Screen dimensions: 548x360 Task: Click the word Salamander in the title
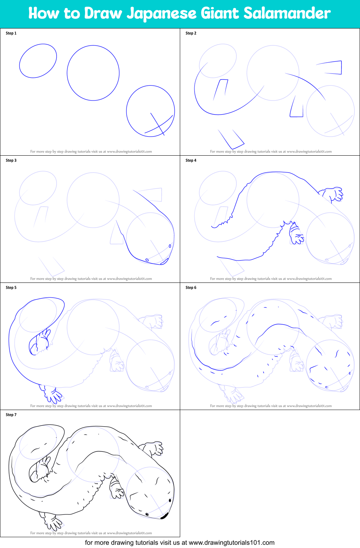[x=287, y=13]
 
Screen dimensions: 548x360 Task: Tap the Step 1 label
[x=11, y=33]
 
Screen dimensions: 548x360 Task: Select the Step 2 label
[x=191, y=33]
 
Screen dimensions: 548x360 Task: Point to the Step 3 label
[x=11, y=160]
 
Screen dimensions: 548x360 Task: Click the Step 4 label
[x=191, y=160]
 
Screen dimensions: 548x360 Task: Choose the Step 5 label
[x=11, y=288]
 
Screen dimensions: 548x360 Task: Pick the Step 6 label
[x=191, y=288]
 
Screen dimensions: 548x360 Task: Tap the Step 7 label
[x=11, y=415]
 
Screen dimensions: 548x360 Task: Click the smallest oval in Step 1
[x=38, y=61]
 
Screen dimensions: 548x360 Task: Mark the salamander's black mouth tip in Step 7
[x=164, y=516]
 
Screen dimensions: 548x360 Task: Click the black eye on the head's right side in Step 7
[x=170, y=500]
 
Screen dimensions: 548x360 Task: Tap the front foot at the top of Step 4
[x=333, y=194]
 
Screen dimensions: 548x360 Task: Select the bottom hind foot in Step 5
[x=52, y=394]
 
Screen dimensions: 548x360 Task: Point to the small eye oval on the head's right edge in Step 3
[x=170, y=246]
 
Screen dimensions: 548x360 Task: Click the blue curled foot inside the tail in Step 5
[x=40, y=342]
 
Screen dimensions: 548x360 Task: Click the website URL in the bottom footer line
[x=231, y=543]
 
